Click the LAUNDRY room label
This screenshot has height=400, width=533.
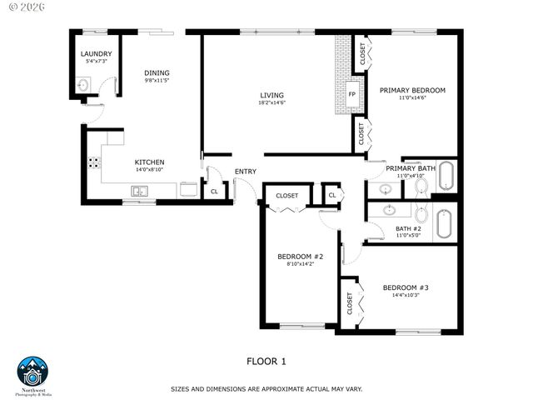pos(96,54)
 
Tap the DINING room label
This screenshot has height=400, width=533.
pos(157,72)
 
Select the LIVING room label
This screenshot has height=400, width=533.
pos(271,94)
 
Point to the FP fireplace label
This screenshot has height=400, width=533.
pos(351,94)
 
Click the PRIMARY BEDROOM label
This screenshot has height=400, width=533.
pos(412,90)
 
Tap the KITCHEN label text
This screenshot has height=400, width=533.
pos(150,162)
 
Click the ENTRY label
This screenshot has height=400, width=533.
pos(245,172)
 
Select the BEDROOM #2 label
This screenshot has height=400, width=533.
pos(300,256)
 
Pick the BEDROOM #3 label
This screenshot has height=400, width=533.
pos(406,287)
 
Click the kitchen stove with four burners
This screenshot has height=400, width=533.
pos(92,162)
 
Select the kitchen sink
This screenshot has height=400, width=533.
pos(138,192)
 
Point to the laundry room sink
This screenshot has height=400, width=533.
pos(83,85)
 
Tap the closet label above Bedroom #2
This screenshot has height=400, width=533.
pos(286,196)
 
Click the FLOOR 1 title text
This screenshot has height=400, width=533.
pos(266,361)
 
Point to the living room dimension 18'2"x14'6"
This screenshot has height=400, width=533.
pos(271,102)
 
